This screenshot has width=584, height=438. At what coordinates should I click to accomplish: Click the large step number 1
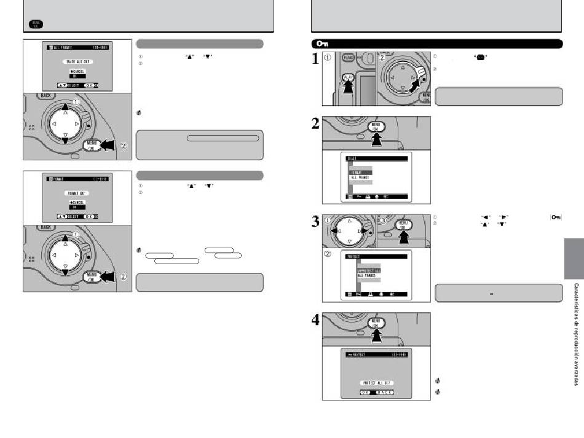315,58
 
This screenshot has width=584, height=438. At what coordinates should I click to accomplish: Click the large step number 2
315,125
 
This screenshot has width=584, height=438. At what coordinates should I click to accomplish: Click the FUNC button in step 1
350,60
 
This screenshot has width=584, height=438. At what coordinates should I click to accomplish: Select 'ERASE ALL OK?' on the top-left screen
77,63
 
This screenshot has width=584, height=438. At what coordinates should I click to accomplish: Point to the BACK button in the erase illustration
45,96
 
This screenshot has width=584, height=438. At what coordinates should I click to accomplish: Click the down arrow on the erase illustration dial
65,139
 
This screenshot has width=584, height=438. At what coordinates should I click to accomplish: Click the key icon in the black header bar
322,44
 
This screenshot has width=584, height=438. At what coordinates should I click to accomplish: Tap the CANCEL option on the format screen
77,201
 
